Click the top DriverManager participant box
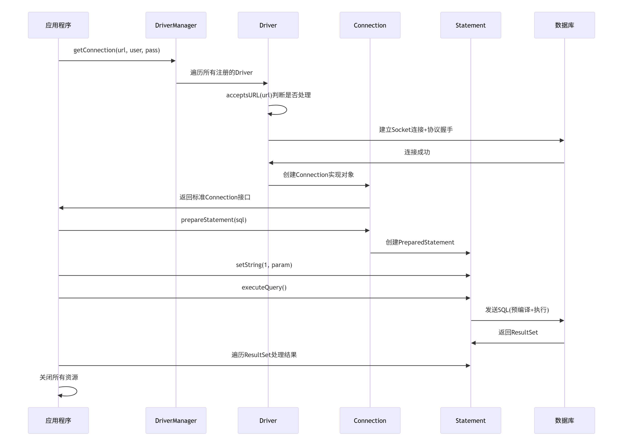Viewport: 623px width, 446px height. [176, 25]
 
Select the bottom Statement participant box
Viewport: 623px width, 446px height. [471, 420]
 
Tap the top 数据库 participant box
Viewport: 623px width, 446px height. [564, 25]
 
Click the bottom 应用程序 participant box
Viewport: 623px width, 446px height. [58, 420]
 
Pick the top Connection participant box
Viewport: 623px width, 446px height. [370, 25]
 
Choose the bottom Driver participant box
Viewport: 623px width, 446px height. [268, 420]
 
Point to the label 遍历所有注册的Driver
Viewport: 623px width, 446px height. [221, 73]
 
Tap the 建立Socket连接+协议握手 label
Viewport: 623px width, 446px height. [416, 130]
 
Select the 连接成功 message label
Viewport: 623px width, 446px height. [417, 152]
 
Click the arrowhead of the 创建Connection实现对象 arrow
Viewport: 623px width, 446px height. [367, 185]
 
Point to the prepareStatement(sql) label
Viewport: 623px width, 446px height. [214, 220]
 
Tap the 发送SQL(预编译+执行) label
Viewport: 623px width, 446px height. [517, 310]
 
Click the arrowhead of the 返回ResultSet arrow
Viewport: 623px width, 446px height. [473, 343]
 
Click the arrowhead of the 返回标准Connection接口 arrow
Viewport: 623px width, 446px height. [61, 208]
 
